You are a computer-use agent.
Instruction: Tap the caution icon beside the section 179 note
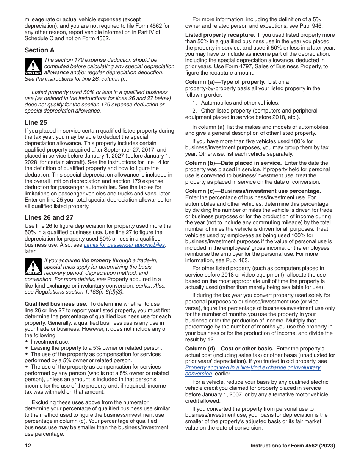point(33,66)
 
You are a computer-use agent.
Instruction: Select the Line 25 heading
point(36,122)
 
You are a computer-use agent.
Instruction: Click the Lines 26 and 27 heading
point(49,217)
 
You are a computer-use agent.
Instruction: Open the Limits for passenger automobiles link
point(124,245)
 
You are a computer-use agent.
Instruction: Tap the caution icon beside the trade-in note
point(33,267)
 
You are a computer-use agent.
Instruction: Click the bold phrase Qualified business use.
point(56,304)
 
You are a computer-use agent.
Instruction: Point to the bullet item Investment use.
point(50,342)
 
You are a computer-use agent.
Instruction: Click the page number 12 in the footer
point(28,446)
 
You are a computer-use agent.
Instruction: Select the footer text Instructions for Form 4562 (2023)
point(293,446)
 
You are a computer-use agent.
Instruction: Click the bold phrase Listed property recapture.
point(220,35)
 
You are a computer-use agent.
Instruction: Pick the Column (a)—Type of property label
point(225,82)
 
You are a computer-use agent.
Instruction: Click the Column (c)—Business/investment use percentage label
point(253,191)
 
